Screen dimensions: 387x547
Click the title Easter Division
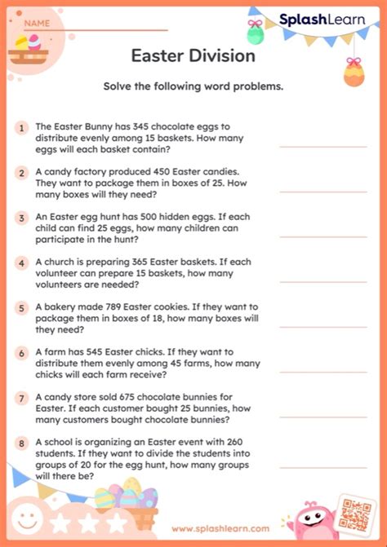[x=193, y=55]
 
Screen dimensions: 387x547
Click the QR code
[x=356, y=513]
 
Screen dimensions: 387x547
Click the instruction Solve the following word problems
[x=193, y=87]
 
